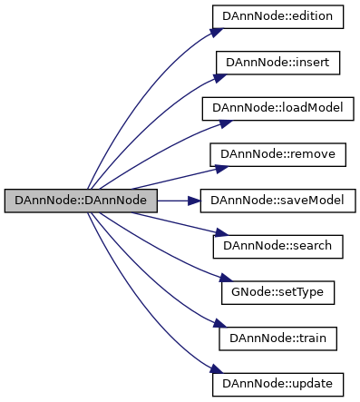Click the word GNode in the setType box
[248, 292]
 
